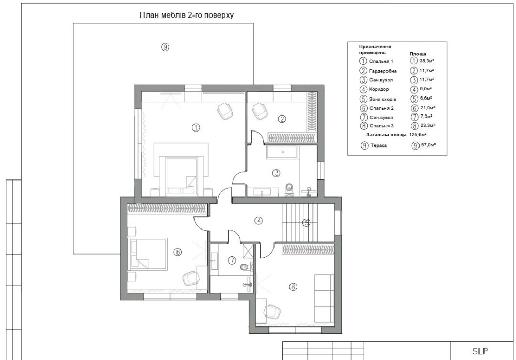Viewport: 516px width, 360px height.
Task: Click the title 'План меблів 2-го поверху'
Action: click(187, 15)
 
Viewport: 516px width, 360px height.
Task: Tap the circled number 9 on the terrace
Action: click(165, 47)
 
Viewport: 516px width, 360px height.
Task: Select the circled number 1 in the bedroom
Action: click(196, 127)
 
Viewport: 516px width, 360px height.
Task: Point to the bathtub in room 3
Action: click(282, 152)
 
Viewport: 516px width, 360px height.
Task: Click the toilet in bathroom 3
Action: click(289, 189)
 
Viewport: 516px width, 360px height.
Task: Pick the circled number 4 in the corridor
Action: click(259, 221)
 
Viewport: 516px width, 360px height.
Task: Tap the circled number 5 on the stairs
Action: click(307, 223)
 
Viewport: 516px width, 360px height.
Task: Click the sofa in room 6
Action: click(324, 298)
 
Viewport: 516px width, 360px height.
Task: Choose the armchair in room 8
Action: click(191, 278)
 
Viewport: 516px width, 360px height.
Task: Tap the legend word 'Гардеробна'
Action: click(383, 71)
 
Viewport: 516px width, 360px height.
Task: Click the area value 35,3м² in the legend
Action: click(427, 61)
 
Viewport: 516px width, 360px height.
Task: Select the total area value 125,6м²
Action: click(418, 135)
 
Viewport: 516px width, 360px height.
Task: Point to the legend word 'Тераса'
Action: click(379, 145)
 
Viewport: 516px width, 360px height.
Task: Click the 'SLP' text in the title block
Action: click(480, 351)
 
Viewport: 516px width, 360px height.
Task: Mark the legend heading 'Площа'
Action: click(417, 54)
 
